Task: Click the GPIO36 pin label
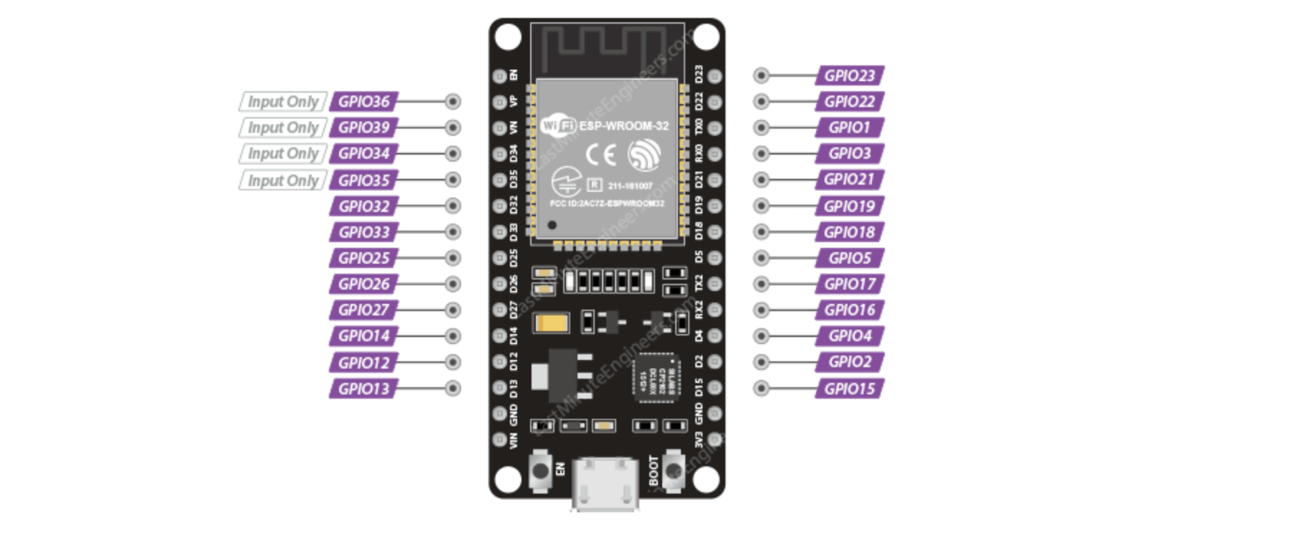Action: [x=363, y=102]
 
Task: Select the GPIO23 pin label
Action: [x=850, y=75]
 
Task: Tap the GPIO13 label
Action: [x=363, y=389]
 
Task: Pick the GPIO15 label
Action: [x=850, y=389]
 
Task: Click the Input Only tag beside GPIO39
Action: [x=282, y=128]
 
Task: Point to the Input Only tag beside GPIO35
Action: [x=282, y=180]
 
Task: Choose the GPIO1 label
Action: [x=850, y=128]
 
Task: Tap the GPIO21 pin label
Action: [x=850, y=180]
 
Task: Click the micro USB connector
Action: [x=605, y=485]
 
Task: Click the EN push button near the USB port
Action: [x=539, y=471]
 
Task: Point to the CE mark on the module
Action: [x=600, y=154]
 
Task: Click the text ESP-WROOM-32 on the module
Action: [x=623, y=126]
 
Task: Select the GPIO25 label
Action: [x=363, y=258]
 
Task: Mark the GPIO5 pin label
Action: [x=850, y=258]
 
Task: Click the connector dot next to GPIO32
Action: [x=453, y=206]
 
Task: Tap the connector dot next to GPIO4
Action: [x=761, y=336]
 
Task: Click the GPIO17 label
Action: [x=850, y=284]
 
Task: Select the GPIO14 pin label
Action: [x=363, y=336]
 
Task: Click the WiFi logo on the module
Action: [x=558, y=126]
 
